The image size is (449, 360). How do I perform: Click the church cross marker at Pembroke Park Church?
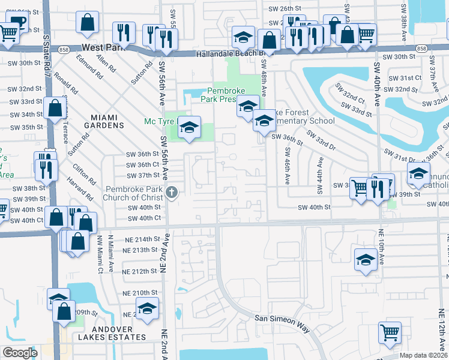pyautogui.click(x=172, y=193)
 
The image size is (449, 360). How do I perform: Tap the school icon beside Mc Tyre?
pyautogui.click(x=189, y=127)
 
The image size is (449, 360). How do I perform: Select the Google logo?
pyautogui.click(x=20, y=353)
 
